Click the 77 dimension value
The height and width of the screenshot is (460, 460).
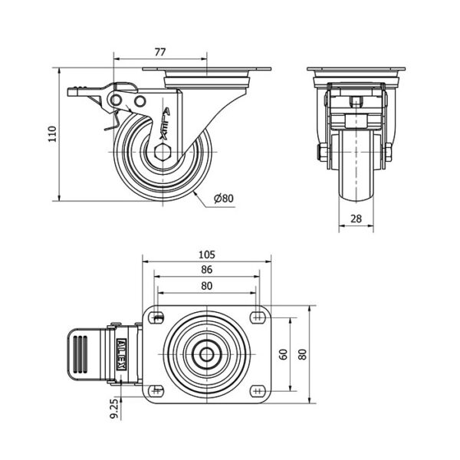[x=160, y=52]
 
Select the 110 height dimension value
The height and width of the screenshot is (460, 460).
[x=52, y=134]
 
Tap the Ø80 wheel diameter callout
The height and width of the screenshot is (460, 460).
[x=224, y=199]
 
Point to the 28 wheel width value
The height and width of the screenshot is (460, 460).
[x=356, y=219]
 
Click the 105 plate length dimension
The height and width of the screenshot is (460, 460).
[x=207, y=255]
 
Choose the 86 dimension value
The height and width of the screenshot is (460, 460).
[x=207, y=270]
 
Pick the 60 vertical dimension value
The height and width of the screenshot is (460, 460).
[x=284, y=354]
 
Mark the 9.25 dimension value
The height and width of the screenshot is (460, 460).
[x=115, y=409]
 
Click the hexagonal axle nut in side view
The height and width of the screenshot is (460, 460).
[x=163, y=153]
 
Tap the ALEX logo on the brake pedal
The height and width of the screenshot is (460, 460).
[x=122, y=355]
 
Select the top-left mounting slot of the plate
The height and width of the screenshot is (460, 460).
[x=158, y=317]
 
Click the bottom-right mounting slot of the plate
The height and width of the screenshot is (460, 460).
[x=258, y=390]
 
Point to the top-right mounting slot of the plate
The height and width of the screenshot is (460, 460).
[x=258, y=317]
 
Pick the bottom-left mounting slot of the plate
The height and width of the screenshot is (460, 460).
[x=156, y=390]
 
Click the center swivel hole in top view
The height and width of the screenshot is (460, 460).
[x=207, y=355]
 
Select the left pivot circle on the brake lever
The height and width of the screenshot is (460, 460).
[x=117, y=100]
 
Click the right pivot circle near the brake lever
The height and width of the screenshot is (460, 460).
[x=140, y=101]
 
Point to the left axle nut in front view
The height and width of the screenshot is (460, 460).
[x=322, y=153]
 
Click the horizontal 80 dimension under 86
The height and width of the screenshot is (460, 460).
[x=207, y=285]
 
